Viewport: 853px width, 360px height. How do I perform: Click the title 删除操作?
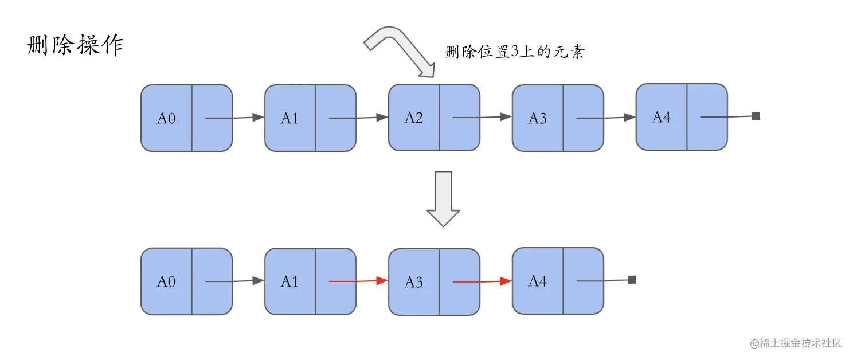pyautogui.click(x=75, y=46)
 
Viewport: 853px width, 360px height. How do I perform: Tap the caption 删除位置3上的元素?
pyautogui.click(x=514, y=52)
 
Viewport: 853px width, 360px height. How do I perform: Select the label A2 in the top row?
pyautogui.click(x=413, y=118)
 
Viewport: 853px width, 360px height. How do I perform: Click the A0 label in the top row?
pyautogui.click(x=166, y=119)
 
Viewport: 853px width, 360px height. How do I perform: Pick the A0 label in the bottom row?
pyautogui.click(x=166, y=282)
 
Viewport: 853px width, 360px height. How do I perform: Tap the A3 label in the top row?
pyautogui.click(x=537, y=119)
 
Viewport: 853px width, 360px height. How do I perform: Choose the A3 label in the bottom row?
pyautogui.click(x=413, y=282)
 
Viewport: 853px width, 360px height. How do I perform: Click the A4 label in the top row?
pyautogui.click(x=661, y=118)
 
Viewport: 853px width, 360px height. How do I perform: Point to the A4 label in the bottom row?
pyautogui.click(x=537, y=281)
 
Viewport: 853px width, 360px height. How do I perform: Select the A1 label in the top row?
pyautogui.click(x=289, y=119)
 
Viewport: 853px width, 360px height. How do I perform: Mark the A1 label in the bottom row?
pyautogui.click(x=289, y=281)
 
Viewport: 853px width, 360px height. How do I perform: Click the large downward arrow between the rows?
pyautogui.click(x=443, y=198)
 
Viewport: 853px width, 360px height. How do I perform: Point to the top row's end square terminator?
pyautogui.click(x=756, y=116)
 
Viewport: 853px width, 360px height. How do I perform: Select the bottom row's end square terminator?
pyautogui.click(x=632, y=280)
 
